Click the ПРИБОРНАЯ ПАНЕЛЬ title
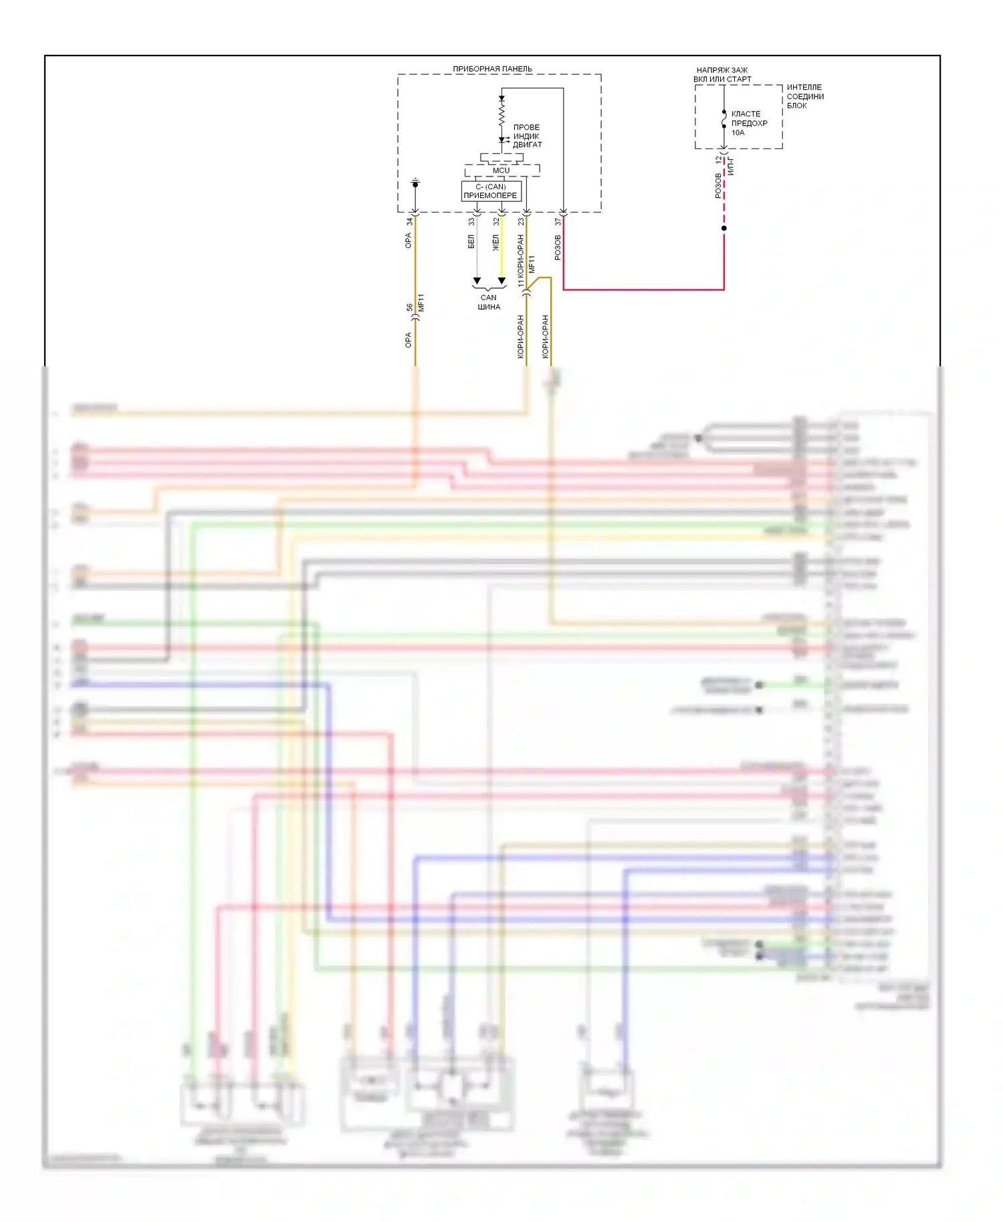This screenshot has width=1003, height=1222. click(492, 69)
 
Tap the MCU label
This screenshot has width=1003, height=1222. click(501, 170)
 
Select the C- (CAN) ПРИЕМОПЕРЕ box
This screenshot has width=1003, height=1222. click(491, 191)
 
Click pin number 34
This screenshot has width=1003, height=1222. click(409, 221)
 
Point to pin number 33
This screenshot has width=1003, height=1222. click(471, 221)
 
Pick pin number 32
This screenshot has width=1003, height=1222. click(496, 221)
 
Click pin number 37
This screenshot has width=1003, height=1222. click(558, 221)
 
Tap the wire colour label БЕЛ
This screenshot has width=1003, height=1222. click(471, 242)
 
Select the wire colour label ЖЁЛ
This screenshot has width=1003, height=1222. click(496, 242)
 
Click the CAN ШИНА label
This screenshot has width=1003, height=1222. click(489, 302)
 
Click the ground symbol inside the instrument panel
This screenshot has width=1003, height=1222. click(415, 182)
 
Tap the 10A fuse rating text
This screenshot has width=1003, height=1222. click(738, 132)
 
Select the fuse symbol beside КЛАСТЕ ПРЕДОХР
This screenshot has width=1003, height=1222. click(724, 120)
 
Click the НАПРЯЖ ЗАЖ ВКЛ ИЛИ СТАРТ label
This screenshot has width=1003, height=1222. click(722, 74)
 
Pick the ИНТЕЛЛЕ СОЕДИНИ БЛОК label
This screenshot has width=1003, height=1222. click(805, 96)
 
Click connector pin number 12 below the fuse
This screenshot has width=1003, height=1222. click(719, 160)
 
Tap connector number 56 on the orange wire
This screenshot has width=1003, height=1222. click(409, 308)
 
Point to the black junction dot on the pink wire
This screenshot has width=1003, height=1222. click(724, 229)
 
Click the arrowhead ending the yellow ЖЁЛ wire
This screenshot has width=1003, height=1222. click(501, 281)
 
